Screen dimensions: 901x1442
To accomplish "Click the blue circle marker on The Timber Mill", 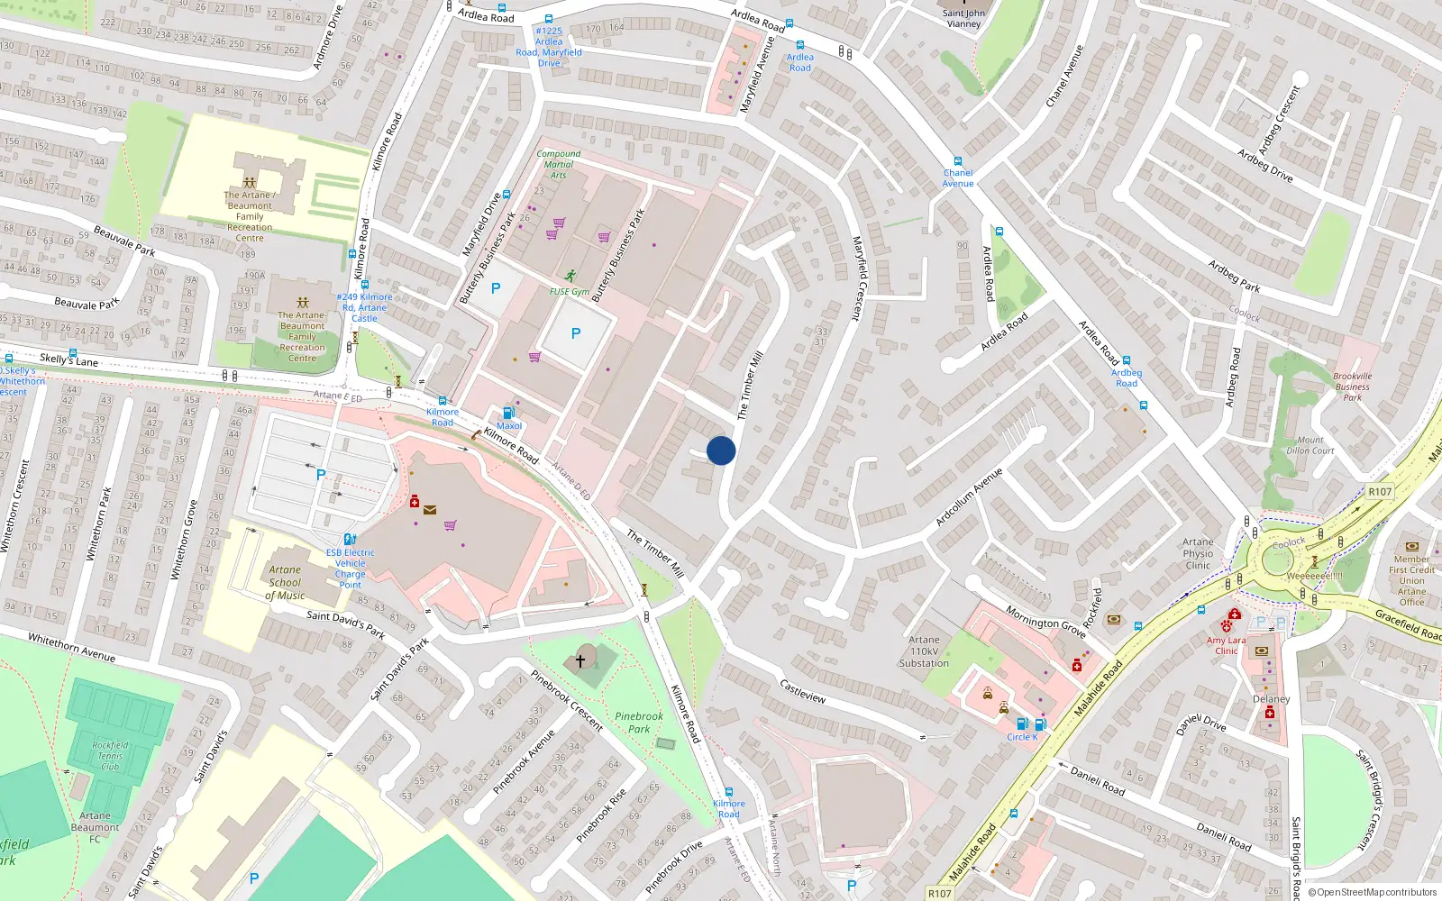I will coord(721,450).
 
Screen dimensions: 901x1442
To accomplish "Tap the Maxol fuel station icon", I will coord(508,413).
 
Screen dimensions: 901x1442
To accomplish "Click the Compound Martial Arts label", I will coord(559,164).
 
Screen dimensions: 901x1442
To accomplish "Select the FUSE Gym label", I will coord(570,292).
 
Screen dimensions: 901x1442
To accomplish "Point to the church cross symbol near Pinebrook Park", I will coord(581,660).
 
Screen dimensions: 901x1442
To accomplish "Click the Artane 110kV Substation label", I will coord(924,651).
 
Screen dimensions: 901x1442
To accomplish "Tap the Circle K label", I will coord(1022,737).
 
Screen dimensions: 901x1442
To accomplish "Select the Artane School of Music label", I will coord(285,582).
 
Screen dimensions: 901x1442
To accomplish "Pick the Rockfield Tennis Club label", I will coord(110,756).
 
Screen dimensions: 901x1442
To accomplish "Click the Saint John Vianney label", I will coord(963,19).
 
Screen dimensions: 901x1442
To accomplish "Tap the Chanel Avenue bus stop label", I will coord(958,177).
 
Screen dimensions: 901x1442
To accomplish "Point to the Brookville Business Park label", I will coord(1352,387).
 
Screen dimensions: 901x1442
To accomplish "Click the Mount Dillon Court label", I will coord(1310,446).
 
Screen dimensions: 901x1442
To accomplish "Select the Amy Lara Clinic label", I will coord(1226,645).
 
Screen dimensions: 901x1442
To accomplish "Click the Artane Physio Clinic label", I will coord(1198,554).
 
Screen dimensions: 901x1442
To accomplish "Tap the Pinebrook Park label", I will coord(638,723).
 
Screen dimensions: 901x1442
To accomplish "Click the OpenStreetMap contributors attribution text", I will coord(1372,892).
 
